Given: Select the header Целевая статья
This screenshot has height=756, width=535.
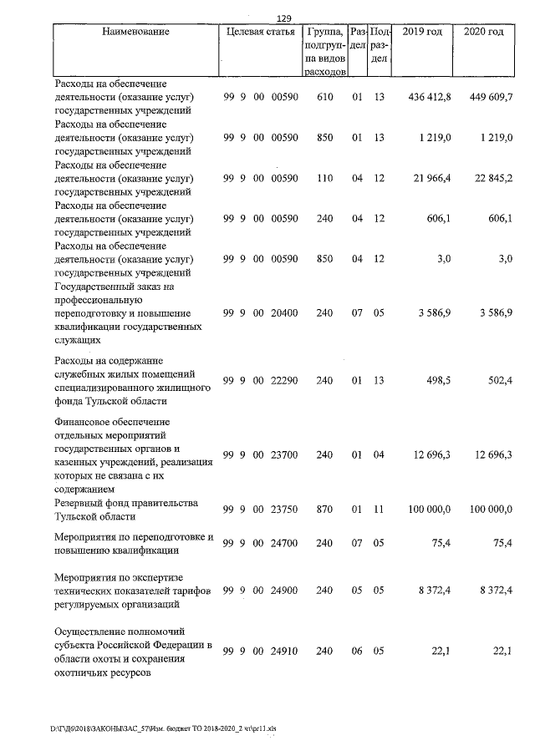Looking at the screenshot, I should (260, 32).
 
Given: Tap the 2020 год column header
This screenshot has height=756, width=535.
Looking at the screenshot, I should (484, 32).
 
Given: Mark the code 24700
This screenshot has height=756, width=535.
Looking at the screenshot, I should (284, 543).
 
